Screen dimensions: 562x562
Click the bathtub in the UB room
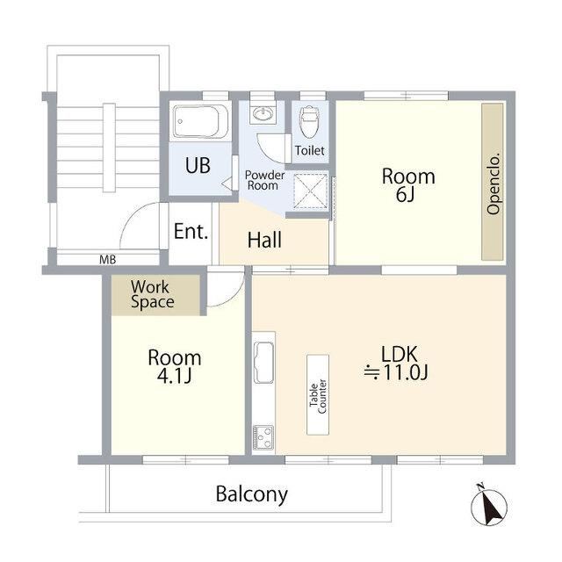pyautogui.click(x=200, y=121)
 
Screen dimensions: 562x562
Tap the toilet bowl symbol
pyautogui.click(x=308, y=122)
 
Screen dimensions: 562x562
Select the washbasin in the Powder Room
pyautogui.click(x=263, y=114)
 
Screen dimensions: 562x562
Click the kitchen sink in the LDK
pyautogui.click(x=263, y=363)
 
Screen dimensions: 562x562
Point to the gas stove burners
pyautogui.click(x=263, y=437)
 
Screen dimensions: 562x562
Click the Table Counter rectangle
pyautogui.click(x=318, y=395)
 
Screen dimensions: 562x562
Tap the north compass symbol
pyautogui.click(x=488, y=507)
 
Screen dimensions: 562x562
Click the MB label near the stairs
pyautogui.click(x=107, y=260)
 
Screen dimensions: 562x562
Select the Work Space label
pyautogui.click(x=152, y=294)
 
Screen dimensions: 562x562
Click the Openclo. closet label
pyautogui.click(x=494, y=184)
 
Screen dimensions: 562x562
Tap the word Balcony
pyautogui.click(x=252, y=495)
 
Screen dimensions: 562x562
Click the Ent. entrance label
pyautogui.click(x=191, y=232)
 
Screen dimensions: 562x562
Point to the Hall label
pyautogui.click(x=264, y=240)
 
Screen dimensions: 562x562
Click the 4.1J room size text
pyautogui.click(x=174, y=376)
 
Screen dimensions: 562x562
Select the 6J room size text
pyautogui.click(x=406, y=194)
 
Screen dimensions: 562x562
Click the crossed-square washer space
pyautogui.click(x=311, y=191)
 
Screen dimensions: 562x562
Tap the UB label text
pyautogui.click(x=198, y=166)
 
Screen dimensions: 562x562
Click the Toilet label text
pyautogui.click(x=310, y=150)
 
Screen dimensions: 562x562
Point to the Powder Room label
pyautogui.click(x=264, y=180)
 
